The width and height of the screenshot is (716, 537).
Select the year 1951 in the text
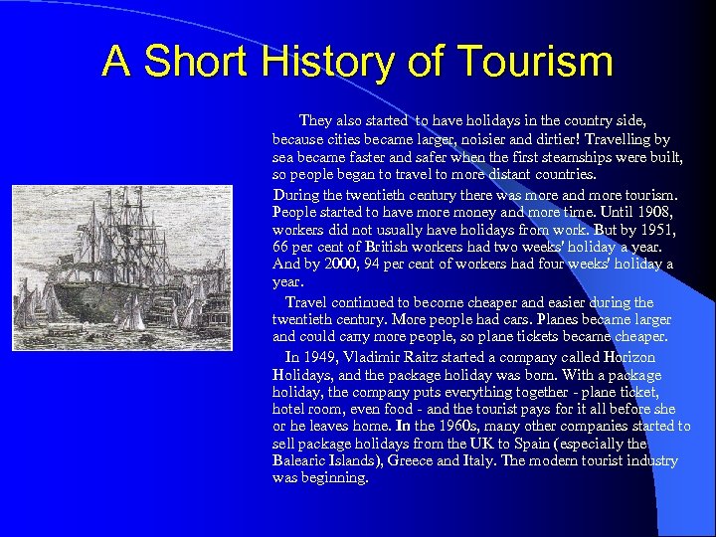pos(651,229)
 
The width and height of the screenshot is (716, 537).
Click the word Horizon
pos(629,357)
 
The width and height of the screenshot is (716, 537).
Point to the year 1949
pos(319,357)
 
